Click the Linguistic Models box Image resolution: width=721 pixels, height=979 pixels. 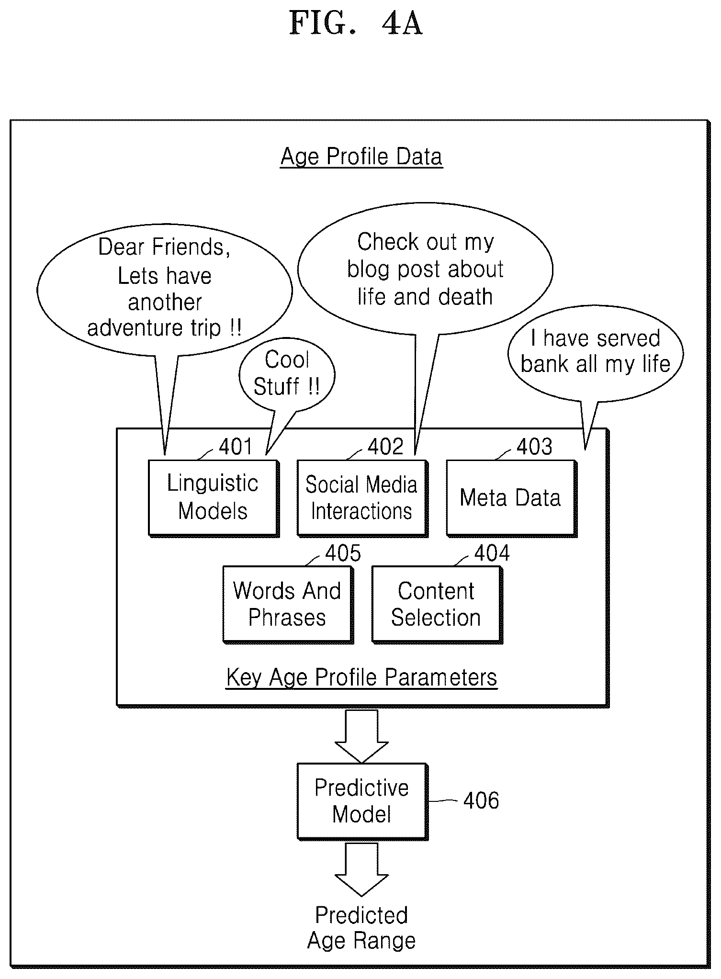click(x=214, y=498)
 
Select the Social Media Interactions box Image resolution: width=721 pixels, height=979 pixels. click(x=362, y=498)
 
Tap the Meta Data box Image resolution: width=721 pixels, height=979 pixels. click(x=511, y=498)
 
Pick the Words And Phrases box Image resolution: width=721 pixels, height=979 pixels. click(x=288, y=605)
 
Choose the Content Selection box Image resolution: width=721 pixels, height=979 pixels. click(x=437, y=605)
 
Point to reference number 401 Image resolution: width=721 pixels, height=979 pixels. click(x=235, y=447)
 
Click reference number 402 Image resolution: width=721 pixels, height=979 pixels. click(x=385, y=447)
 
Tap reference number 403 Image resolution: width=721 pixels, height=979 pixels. click(x=534, y=447)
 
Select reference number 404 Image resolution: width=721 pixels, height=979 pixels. click(x=492, y=553)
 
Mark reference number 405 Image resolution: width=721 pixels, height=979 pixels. click(x=343, y=553)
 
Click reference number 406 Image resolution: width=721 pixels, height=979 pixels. click(x=481, y=800)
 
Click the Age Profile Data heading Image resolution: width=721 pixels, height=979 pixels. click(x=361, y=157)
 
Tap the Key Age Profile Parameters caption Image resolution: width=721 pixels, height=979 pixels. click(x=361, y=677)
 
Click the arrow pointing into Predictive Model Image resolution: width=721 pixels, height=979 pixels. click(x=362, y=736)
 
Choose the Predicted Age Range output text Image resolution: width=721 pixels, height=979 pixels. click(x=361, y=928)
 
